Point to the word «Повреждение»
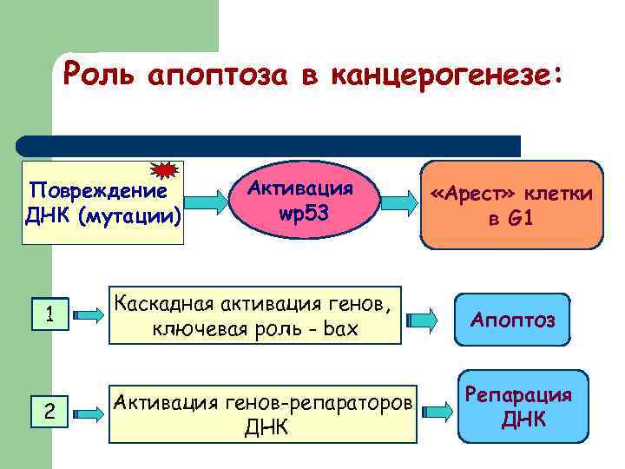tap(97, 189)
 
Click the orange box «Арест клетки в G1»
tap(510, 205)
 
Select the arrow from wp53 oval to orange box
tap(400, 202)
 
